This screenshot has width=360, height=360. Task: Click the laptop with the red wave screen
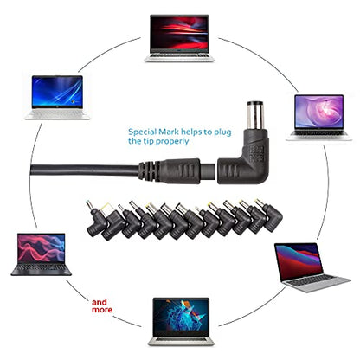point(179,38)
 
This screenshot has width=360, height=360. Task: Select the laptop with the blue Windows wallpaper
point(57,98)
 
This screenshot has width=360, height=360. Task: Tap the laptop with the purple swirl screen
point(319,118)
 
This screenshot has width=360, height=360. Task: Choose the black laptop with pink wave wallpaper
point(42,254)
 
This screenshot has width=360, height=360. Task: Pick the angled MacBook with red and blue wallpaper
point(312,267)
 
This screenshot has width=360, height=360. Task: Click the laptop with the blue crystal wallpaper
point(181,321)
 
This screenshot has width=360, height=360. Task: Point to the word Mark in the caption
point(169,132)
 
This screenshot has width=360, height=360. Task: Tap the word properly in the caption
point(172,142)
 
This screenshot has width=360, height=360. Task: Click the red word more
point(102,310)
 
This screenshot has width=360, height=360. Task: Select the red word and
point(100,302)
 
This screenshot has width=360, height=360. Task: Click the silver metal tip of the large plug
point(255,115)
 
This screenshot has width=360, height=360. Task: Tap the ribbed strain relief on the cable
point(149,171)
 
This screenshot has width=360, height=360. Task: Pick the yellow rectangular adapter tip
point(106,208)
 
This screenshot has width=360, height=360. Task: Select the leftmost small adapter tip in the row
point(96,218)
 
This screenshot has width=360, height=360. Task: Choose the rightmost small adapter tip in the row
point(269,215)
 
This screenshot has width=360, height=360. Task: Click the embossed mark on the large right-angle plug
point(257,153)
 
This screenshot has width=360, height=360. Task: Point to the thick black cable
point(84,170)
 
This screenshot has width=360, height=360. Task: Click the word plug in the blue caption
point(222,132)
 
